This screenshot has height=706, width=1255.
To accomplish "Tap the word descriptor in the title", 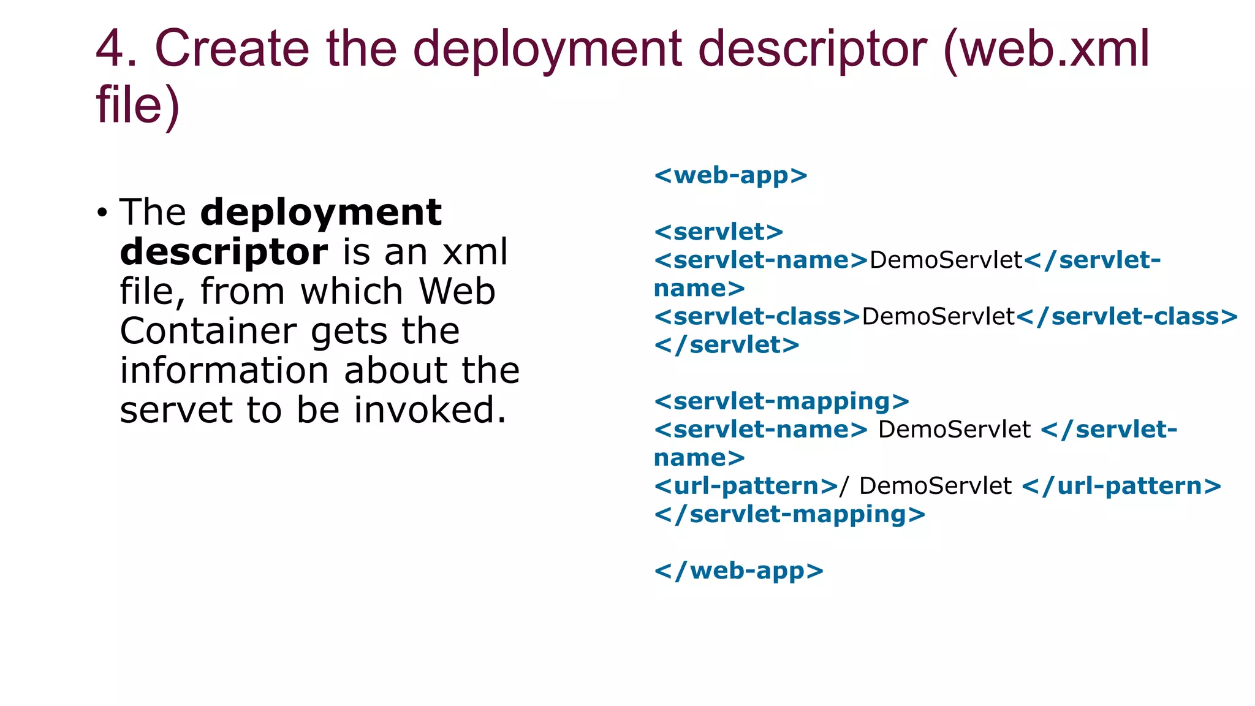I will coord(813,49).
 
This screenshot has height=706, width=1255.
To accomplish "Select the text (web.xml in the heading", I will coord(1047,49).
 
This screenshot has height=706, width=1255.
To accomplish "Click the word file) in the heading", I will coord(137,104).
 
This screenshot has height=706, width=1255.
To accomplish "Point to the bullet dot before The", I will coord(102,213).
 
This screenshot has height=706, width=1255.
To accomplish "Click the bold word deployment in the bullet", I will coord(321,213).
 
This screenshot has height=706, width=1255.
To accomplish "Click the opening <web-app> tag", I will coord(730,176).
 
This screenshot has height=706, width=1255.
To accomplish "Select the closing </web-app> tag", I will coord(738,571).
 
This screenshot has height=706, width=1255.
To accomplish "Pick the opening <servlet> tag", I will coord(718,232).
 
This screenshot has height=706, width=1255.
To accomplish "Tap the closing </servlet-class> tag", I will coord(1127,317).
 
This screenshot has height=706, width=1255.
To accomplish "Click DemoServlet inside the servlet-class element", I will coord(938,317).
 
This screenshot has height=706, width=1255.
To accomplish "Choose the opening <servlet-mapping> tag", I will coord(781,401).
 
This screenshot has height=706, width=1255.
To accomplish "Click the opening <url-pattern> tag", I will coord(746,486).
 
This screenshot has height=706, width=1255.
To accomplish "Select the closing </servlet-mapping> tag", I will coord(789,514).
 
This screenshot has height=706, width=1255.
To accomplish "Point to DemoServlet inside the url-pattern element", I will coord(935,486).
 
